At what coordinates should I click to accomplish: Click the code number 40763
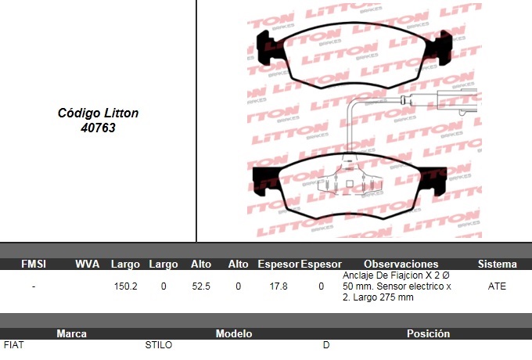98,128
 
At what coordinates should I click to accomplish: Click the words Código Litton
98,113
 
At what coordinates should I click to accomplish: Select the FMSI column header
33,264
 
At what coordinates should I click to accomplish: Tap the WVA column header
87,264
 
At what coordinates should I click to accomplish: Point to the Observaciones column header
401,264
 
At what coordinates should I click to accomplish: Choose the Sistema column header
498,264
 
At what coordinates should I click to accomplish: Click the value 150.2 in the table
125,286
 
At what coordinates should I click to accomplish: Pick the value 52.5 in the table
201,286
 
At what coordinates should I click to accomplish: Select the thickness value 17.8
279,286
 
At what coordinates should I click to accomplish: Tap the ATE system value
497,286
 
